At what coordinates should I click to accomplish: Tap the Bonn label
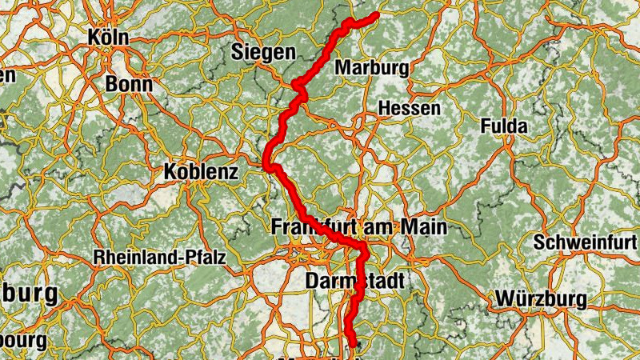(x=128, y=85)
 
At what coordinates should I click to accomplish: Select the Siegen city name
(x=263, y=53)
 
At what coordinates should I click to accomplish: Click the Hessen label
(x=409, y=108)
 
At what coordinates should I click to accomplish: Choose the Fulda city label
(x=505, y=126)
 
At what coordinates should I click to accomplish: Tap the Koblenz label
(x=201, y=170)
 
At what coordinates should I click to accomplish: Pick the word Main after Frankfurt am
(x=423, y=227)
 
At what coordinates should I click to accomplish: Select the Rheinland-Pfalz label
(x=160, y=258)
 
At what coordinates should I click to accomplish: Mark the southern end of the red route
(x=353, y=346)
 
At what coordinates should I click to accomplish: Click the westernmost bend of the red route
(x=266, y=164)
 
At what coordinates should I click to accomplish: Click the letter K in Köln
(x=95, y=37)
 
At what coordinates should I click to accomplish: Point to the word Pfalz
(x=205, y=258)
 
